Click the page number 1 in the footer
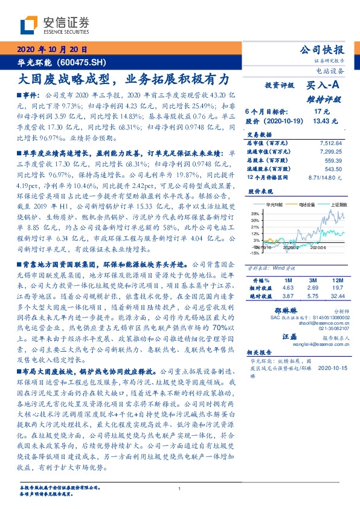pyautogui.click(x=180, y=488)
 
